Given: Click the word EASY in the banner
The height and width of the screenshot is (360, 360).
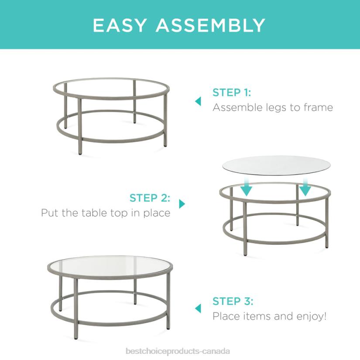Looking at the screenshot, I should [121, 25].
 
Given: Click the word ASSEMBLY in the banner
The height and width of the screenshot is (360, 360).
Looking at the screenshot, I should [210, 25].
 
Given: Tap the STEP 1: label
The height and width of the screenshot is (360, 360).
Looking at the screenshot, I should [232, 93].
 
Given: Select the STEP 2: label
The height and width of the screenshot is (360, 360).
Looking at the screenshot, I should [150, 198].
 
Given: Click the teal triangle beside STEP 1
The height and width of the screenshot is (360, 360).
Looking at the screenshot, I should [198, 101].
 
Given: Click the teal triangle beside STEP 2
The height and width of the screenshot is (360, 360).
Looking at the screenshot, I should [182, 204].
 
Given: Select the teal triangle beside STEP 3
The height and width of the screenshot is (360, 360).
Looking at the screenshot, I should [198, 309].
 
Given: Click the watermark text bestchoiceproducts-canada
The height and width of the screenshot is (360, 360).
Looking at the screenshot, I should [177, 351].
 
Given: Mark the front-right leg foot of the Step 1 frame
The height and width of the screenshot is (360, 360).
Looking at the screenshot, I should [165, 144].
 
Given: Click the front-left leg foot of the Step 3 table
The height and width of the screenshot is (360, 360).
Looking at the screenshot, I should [76, 336].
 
